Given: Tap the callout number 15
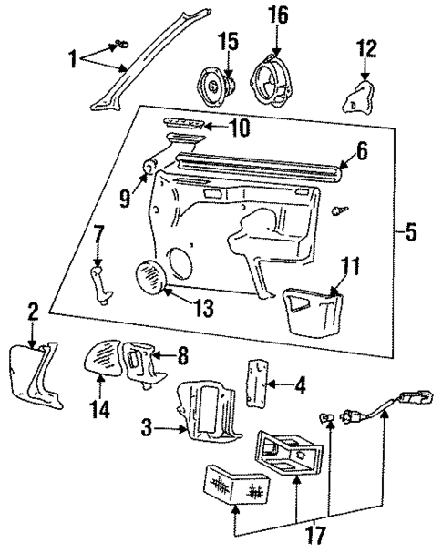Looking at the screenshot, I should [228, 41].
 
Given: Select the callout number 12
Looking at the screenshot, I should [365, 48].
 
